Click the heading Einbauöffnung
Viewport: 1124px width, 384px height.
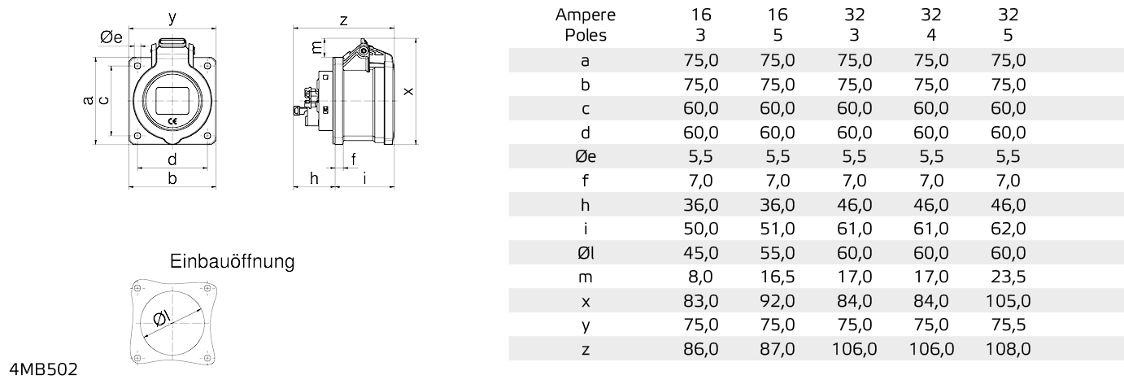232,263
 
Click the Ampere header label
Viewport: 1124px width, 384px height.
586,15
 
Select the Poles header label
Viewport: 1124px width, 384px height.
586,36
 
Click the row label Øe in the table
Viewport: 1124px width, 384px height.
586,156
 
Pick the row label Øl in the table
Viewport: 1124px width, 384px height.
586,253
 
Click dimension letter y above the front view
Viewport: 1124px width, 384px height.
172,17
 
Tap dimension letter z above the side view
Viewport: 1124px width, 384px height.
344,20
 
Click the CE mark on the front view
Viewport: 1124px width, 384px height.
172,120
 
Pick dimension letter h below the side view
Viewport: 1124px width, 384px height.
313,179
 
